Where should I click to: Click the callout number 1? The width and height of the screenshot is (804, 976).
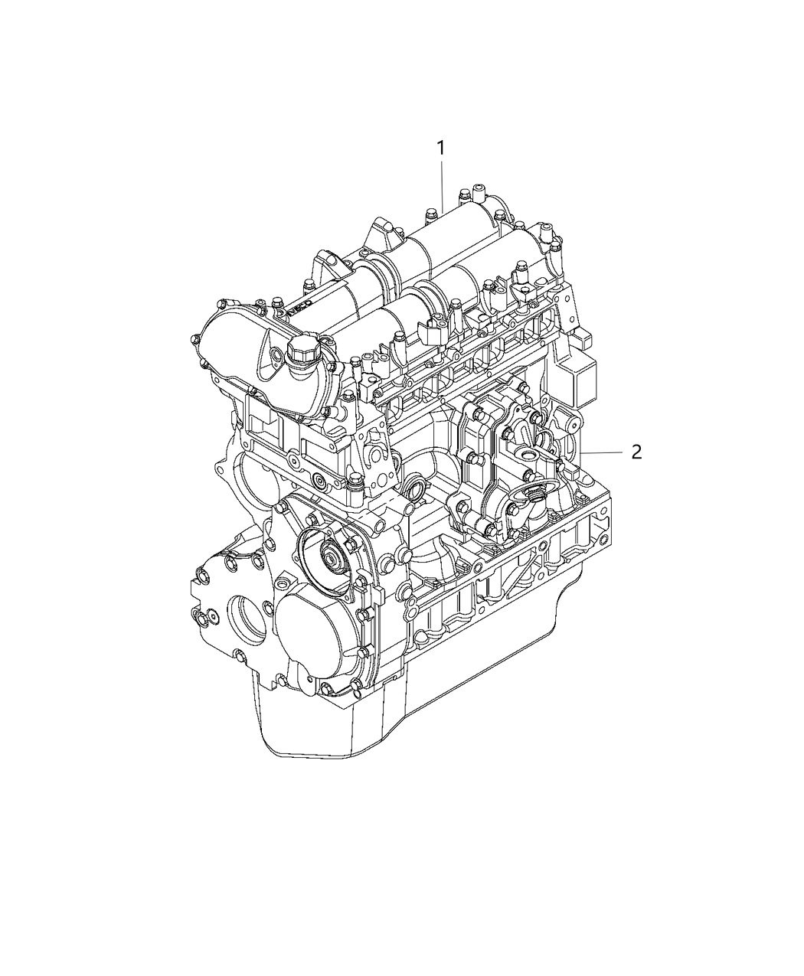pos(441,148)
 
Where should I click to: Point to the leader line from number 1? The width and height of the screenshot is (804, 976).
pos(442,184)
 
